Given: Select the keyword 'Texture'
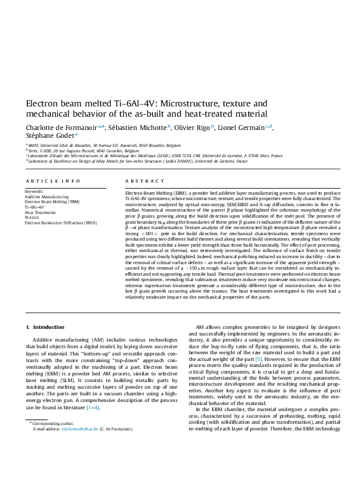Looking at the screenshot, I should pos(31,218).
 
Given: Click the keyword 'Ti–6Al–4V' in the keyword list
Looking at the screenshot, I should pos(34,207).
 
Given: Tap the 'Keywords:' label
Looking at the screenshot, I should pos(34,192).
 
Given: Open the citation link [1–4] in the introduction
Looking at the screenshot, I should pos(93,407).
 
